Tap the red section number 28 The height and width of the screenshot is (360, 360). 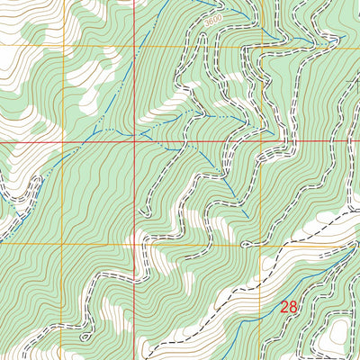point(288,308)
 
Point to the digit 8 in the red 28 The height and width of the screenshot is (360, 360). point(292,308)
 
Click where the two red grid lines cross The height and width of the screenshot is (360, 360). point(135,141)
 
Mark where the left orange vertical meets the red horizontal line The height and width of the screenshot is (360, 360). point(61,141)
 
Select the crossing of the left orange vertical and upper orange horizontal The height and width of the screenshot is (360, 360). point(61,45)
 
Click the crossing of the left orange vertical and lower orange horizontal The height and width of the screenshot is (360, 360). point(61,243)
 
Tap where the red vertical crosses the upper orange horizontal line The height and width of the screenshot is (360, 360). point(135,45)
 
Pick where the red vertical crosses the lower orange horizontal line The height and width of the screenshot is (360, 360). point(135,243)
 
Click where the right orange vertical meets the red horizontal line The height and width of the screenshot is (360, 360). point(262,141)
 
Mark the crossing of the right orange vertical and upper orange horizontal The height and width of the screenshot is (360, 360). point(262,45)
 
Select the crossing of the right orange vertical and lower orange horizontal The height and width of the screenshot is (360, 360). point(262,243)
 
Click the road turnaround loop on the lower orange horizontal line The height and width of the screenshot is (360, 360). point(245,243)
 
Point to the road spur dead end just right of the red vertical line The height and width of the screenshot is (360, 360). point(143,213)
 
